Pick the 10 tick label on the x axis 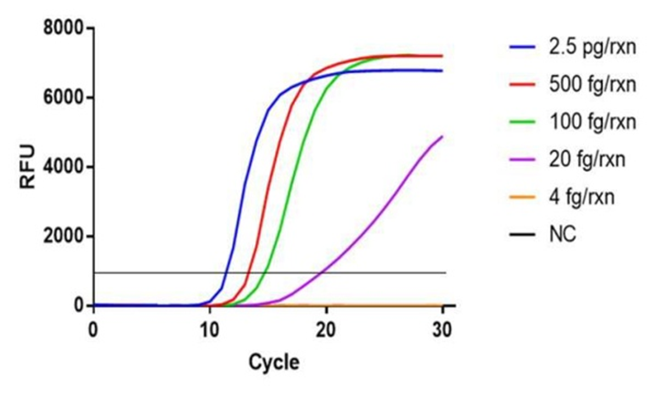pos(210,327)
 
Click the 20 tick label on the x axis pos(326,327)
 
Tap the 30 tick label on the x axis pos(442,327)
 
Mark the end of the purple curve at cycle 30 pos(442,137)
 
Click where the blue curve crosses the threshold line pos(226,273)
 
